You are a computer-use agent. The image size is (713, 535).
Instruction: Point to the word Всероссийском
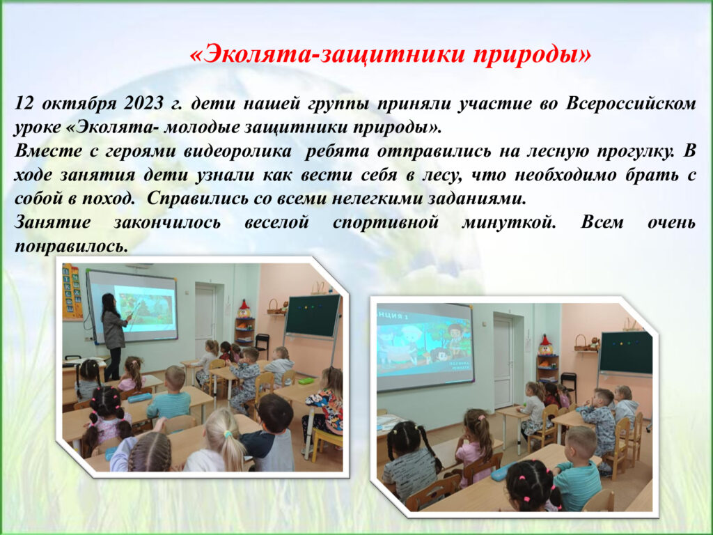pyautogui.click(x=631, y=104)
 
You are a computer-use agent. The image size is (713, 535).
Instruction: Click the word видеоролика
pyautogui.click(x=237, y=151)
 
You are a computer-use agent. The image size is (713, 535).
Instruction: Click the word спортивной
pyautogui.click(x=386, y=223)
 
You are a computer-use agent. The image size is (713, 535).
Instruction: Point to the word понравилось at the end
pyautogui.click(x=70, y=247)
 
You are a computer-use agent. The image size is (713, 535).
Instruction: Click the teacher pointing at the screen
pyautogui.click(x=113, y=336)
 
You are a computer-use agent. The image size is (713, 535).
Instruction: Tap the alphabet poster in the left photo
pyautogui.click(x=72, y=292)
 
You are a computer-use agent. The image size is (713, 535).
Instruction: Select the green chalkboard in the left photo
pyautogui.click(x=313, y=316)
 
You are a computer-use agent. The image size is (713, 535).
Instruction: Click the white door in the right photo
pyautogui.click(x=503, y=361)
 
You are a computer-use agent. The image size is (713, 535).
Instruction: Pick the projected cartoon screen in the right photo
pyautogui.click(x=425, y=346)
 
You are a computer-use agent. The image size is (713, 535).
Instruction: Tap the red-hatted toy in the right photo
pyautogui.click(x=544, y=346)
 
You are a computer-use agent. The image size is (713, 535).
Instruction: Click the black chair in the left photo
pyautogui.click(x=262, y=345)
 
